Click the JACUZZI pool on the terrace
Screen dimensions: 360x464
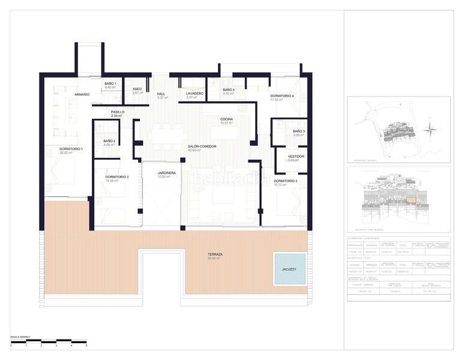click(289, 268)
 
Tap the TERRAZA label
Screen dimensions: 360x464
click(215, 254)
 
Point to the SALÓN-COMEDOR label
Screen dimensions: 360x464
click(202, 146)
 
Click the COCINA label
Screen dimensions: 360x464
click(226, 119)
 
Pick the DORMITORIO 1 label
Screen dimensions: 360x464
click(71, 149)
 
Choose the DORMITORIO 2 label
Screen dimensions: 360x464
click(117, 176)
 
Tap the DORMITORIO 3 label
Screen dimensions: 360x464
click(286, 181)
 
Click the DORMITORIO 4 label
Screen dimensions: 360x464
click(282, 96)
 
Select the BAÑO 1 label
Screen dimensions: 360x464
click(110, 83)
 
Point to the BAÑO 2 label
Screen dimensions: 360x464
click(109, 141)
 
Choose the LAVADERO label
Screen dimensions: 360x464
click(195, 94)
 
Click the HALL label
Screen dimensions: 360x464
click(161, 94)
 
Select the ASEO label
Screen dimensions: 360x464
click(137, 89)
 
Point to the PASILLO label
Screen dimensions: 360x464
click(118, 112)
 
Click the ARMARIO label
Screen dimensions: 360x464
click(82, 94)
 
